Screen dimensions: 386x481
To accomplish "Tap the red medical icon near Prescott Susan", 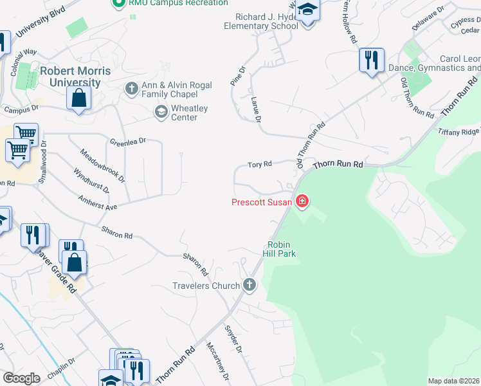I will click(302, 203).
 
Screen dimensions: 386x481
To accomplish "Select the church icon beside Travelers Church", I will click(250, 285).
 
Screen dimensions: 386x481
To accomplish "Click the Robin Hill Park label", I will click(281, 249).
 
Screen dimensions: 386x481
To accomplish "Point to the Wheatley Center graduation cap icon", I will click(160, 113).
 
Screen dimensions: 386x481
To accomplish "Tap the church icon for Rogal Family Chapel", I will click(132, 88).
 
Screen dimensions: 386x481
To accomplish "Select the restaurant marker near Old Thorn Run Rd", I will click(371, 60).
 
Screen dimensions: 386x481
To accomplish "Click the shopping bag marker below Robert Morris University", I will click(78, 98).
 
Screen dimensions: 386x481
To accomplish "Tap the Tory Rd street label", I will click(260, 165).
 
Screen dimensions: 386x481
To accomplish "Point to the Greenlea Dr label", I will click(128, 141).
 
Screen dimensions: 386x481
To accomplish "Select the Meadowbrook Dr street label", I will click(102, 165).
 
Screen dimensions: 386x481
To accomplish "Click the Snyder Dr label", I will click(232, 340).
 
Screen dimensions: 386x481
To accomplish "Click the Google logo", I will click(21, 378).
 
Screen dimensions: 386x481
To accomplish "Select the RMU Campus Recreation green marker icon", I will click(118, 3).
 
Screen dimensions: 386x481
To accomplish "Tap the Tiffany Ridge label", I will click(459, 131).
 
